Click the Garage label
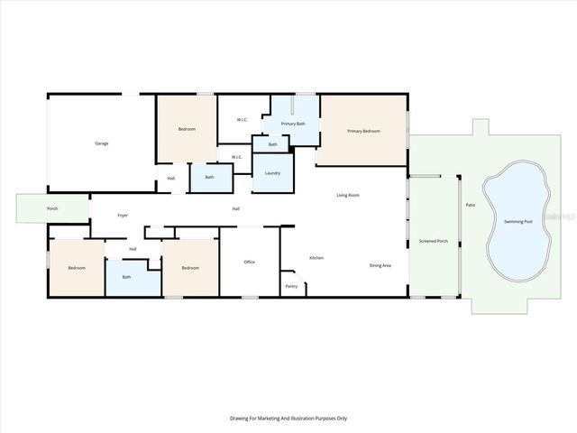click(x=102, y=143)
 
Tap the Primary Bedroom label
click(x=364, y=132)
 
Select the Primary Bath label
click(x=293, y=124)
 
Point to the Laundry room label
click(x=271, y=172)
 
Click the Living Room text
click(x=348, y=195)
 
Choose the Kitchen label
click(x=316, y=258)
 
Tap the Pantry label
click(x=291, y=286)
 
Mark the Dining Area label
click(x=380, y=265)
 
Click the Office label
click(x=250, y=262)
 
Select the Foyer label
click(x=122, y=216)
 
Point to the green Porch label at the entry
click(x=53, y=209)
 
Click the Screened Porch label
click(x=434, y=241)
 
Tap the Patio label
click(x=470, y=206)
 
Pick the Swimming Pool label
click(x=517, y=221)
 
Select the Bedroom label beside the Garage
click(x=187, y=130)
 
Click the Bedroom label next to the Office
click(x=190, y=268)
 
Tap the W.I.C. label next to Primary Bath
click(x=243, y=120)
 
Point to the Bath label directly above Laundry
click(x=270, y=144)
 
